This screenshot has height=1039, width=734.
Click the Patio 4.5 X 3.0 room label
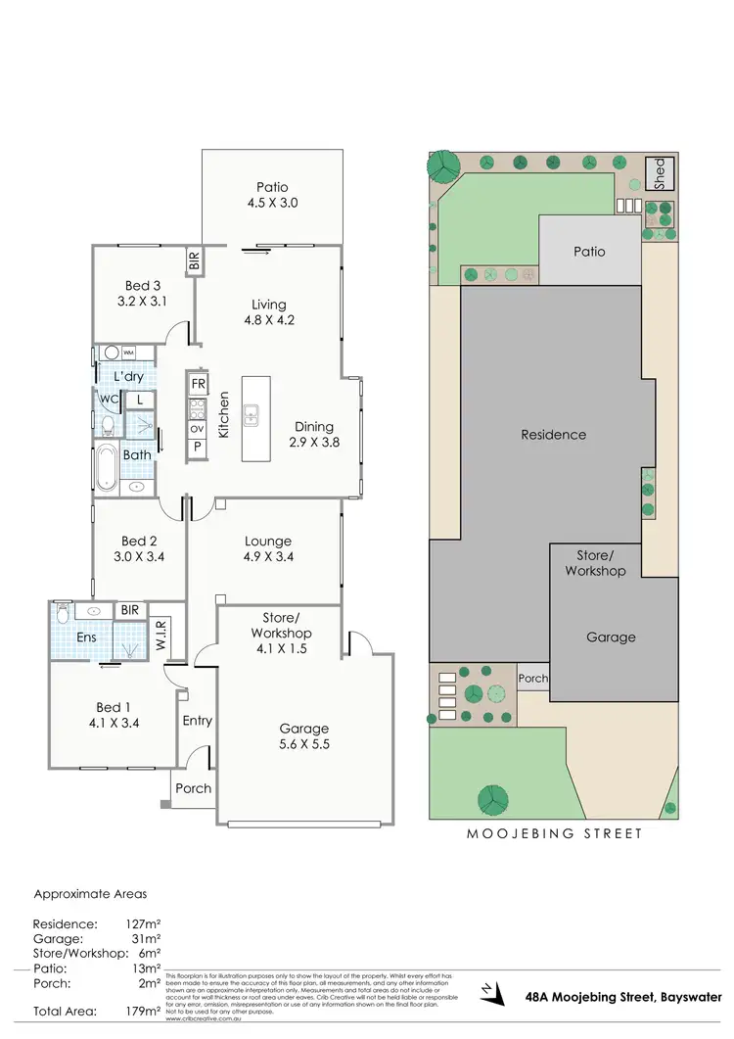click(272, 195)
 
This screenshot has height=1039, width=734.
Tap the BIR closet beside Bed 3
click(194, 260)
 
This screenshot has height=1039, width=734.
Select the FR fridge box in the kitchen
click(198, 383)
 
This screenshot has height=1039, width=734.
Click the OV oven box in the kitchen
click(198, 428)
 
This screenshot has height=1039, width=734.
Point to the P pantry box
click(198, 448)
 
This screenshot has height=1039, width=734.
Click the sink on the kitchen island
click(251, 416)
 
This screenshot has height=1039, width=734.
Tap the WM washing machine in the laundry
click(130, 353)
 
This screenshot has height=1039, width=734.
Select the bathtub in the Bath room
click(105, 468)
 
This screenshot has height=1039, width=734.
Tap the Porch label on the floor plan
click(193, 788)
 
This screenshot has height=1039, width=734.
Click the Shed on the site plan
click(659, 174)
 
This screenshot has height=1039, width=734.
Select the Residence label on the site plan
click(553, 435)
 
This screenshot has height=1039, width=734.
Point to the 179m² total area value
click(141, 1011)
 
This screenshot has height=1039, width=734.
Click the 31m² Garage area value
click(143, 937)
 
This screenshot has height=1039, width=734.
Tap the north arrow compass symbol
click(491, 993)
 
